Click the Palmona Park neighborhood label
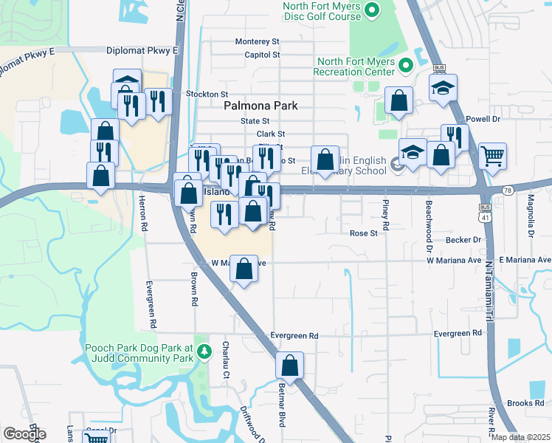[261, 106]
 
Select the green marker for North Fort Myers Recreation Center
[405, 66]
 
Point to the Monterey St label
[258, 42]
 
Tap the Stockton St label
[207, 95]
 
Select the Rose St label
[364, 233]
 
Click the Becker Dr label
[463, 240]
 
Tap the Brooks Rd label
[525, 403]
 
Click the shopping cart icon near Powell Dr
[492, 156]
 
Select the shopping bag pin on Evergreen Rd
[290, 365]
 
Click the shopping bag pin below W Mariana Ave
[244, 269]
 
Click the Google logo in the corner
[24, 433]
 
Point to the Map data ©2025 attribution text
[521, 437]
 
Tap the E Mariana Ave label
[525, 260]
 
